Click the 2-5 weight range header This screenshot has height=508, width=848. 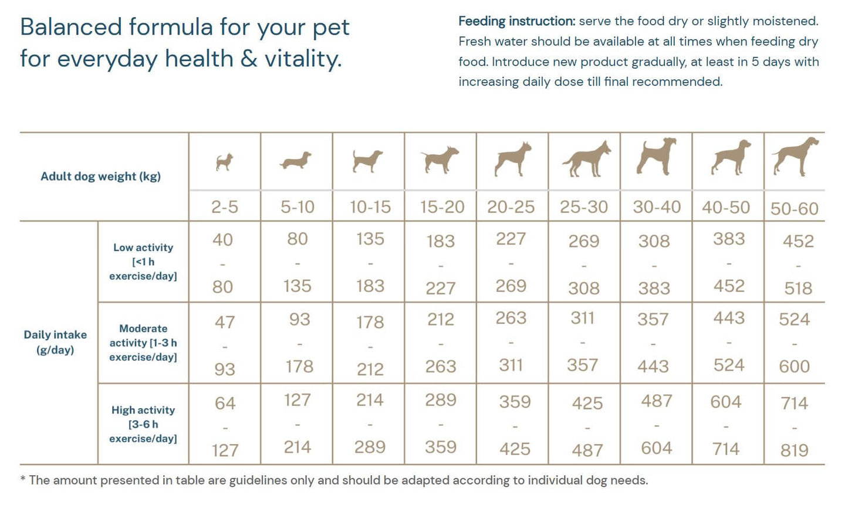click(225, 207)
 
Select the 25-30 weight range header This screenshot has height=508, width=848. click(584, 207)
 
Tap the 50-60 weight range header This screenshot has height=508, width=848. click(794, 208)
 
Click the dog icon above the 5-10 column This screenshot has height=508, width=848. click(296, 161)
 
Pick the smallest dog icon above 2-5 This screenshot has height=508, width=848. click(224, 162)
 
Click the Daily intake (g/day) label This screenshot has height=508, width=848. click(55, 343)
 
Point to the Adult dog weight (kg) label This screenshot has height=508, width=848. click(100, 177)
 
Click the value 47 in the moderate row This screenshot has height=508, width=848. click(225, 322)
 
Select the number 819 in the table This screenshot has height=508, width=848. click(794, 451)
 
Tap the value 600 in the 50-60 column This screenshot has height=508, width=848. click(794, 367)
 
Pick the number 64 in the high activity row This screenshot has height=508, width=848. click(225, 404)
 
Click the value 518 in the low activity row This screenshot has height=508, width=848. click(798, 289)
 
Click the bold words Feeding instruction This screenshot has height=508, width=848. click(516, 22)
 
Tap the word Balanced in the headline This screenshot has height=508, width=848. click(70, 27)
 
